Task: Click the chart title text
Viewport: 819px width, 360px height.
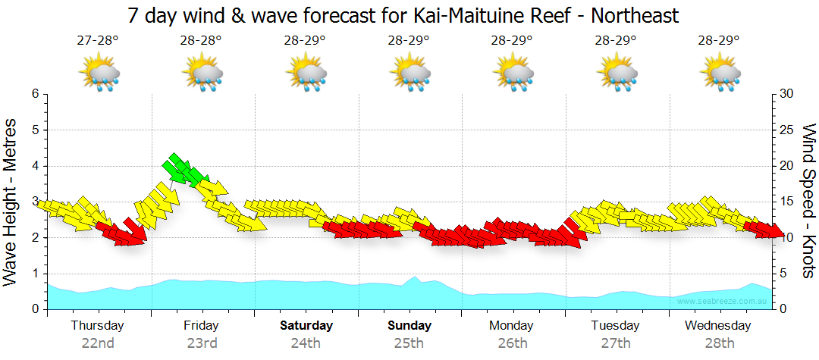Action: (403, 15)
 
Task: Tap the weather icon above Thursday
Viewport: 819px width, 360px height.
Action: (99, 74)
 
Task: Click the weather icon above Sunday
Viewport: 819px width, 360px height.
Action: (409, 74)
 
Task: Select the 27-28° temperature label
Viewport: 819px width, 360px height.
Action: (98, 41)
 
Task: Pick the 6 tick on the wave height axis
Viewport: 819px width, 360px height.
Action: (35, 94)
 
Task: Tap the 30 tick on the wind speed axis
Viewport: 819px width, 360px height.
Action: (786, 94)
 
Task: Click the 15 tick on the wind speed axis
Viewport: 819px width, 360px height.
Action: (786, 202)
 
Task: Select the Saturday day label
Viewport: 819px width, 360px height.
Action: (306, 326)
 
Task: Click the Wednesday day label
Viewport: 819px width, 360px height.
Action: (717, 326)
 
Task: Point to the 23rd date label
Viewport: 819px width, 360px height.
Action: (202, 343)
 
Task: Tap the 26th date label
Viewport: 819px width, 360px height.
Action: (513, 343)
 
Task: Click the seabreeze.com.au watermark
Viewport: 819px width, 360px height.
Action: (723, 302)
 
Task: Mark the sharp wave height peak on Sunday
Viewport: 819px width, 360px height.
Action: (414, 277)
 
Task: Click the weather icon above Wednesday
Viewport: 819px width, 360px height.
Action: (720, 74)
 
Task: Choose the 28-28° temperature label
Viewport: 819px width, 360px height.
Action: (202, 41)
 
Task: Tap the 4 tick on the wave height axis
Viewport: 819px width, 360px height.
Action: (35, 166)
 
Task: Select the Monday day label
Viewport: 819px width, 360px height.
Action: (513, 326)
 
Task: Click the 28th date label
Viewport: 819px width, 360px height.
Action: (720, 343)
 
